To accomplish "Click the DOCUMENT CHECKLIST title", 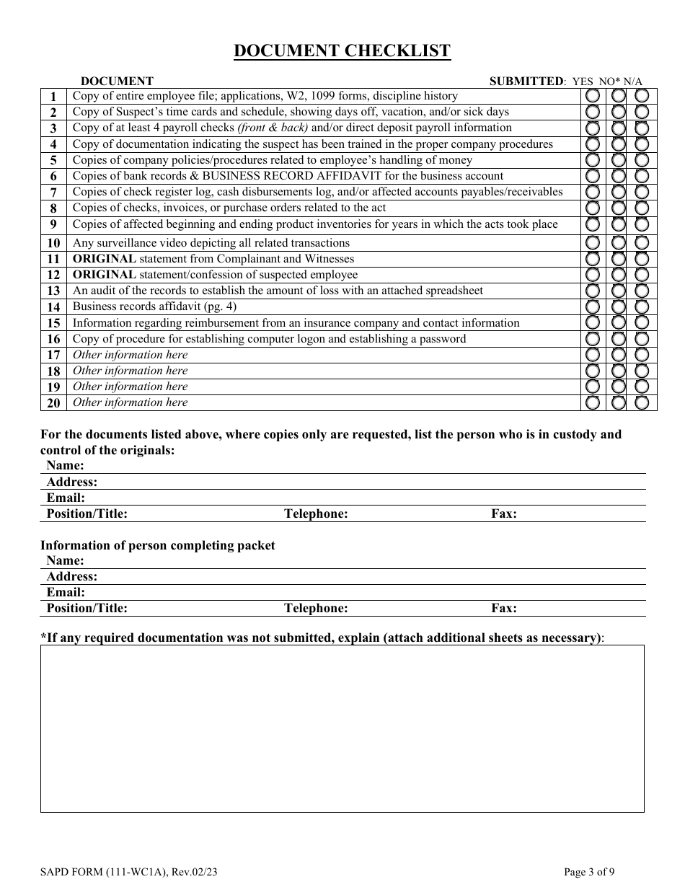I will click(x=342, y=50).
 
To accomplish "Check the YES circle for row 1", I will click(x=592, y=96).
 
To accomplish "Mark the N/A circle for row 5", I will click(x=642, y=160).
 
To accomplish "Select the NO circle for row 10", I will click(x=618, y=243).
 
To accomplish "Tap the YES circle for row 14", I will click(x=592, y=306).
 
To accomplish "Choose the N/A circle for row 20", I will click(x=642, y=402).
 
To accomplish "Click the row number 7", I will click(x=53, y=193).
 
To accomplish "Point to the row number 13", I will click(x=53, y=291).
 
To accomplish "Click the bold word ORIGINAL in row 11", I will click(x=104, y=259).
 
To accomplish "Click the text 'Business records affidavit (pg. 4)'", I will click(x=154, y=306).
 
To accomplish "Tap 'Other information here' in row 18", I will click(x=130, y=371).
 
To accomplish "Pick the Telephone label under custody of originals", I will click(x=316, y=514).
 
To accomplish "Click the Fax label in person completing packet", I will click(x=504, y=608).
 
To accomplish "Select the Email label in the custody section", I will click(x=66, y=498).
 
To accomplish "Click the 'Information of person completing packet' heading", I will click(x=157, y=546).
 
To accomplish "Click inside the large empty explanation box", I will click(x=342, y=728).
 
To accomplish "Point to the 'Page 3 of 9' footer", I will click(x=589, y=872).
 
